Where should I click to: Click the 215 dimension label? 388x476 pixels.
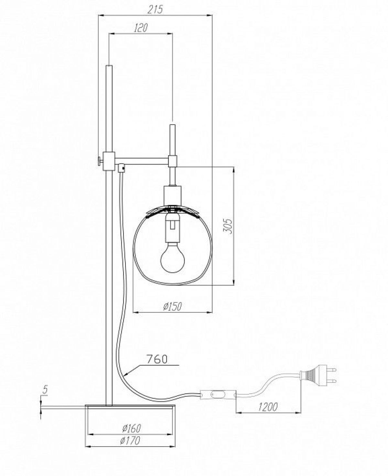156,9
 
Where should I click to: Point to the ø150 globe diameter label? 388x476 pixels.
172,306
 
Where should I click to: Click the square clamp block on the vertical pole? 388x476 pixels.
109,160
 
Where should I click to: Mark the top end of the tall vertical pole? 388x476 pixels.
109,66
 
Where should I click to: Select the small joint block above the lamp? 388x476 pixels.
173,161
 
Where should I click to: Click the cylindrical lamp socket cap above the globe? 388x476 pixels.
172,196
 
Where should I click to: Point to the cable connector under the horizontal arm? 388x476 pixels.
121,168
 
